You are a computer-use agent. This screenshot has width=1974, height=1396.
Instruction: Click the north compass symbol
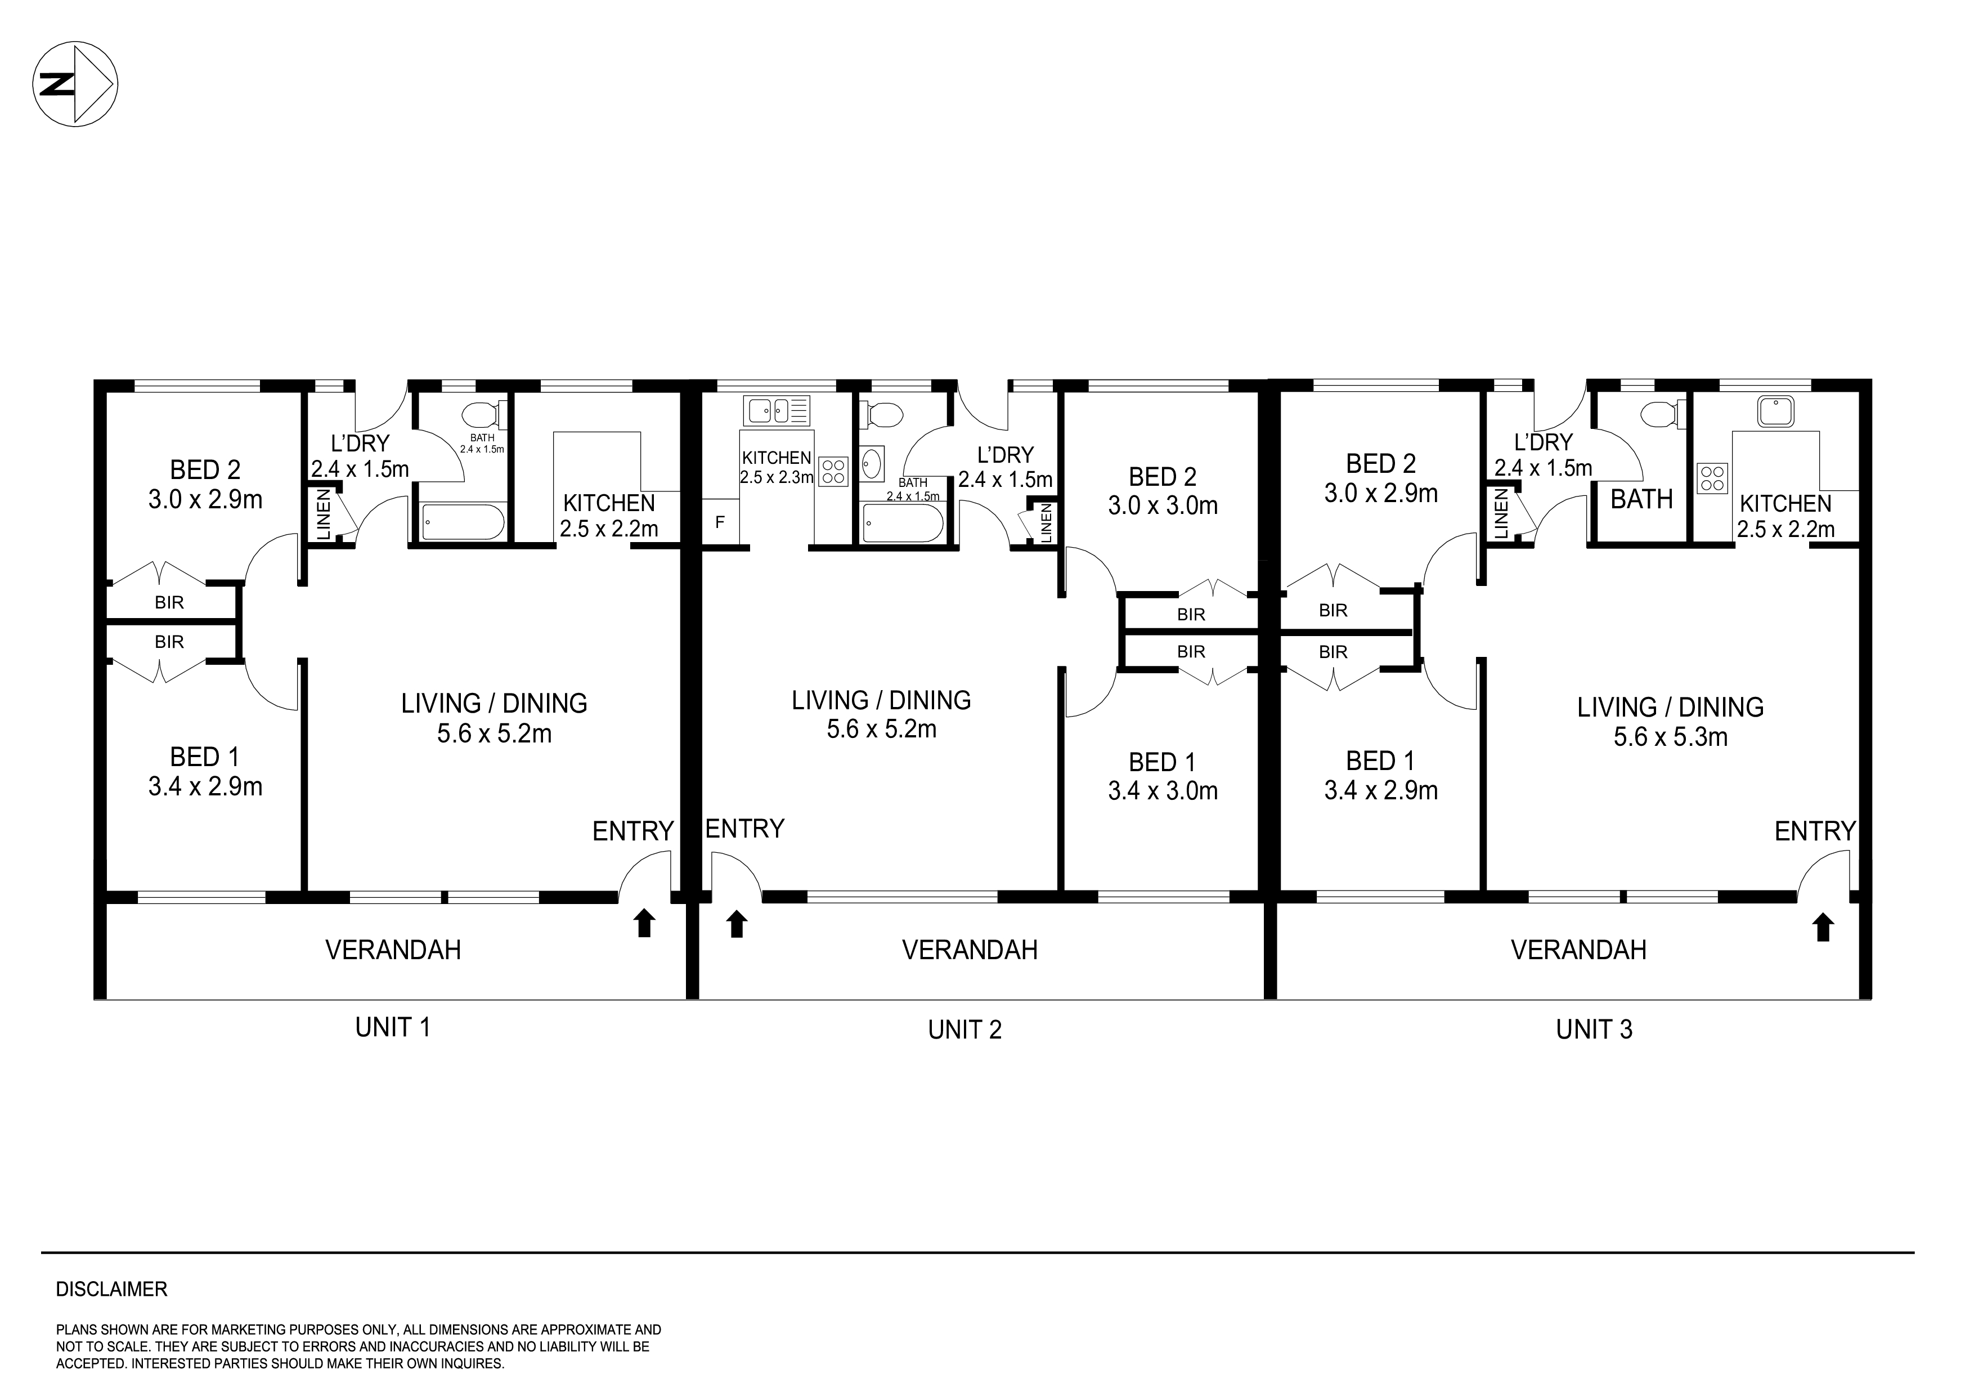tap(75, 85)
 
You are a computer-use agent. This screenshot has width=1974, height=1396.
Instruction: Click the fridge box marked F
tap(720, 522)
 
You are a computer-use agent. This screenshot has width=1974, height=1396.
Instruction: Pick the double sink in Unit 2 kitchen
tap(777, 410)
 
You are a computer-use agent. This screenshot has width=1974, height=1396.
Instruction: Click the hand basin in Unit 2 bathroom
tap(872, 464)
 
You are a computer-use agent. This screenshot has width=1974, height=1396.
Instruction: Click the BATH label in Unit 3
tap(1641, 499)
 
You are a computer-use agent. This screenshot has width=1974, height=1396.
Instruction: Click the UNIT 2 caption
tap(964, 1030)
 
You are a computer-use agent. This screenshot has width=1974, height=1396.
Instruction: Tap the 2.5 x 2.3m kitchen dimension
tap(777, 477)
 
